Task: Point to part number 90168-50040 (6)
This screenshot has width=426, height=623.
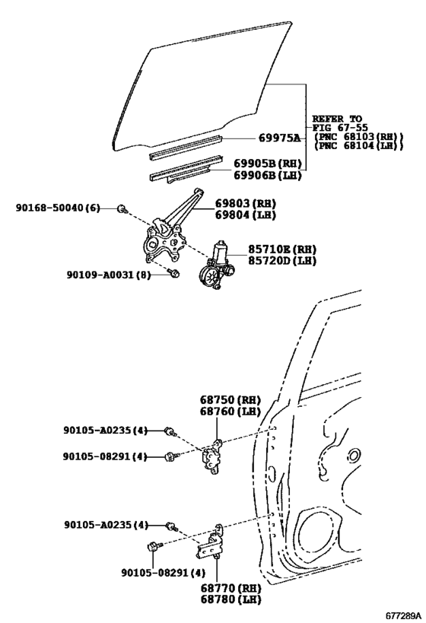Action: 58,208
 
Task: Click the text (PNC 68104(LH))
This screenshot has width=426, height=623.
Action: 358,145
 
